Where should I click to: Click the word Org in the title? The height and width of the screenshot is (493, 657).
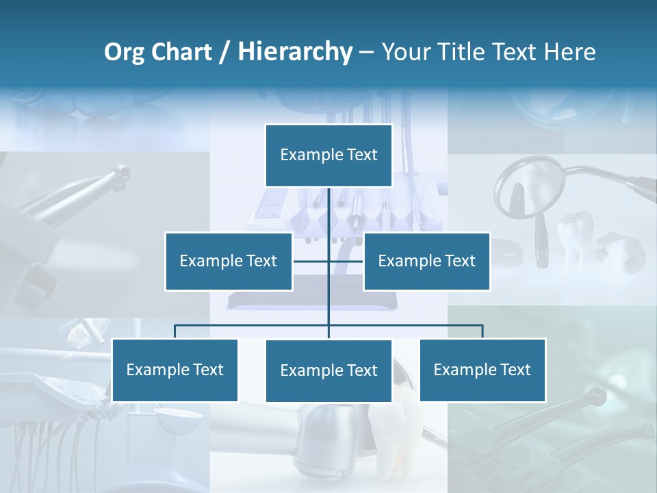click(125, 52)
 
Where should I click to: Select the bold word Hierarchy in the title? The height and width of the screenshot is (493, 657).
click(295, 52)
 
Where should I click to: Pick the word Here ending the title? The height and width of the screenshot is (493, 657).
click(569, 52)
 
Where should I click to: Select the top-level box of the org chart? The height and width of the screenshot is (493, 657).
click(328, 155)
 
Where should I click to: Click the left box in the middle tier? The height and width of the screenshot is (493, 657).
click(229, 261)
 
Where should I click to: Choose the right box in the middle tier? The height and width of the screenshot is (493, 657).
click(426, 261)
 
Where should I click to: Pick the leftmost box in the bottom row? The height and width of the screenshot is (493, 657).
click(175, 370)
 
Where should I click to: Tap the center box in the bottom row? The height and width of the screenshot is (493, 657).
click(328, 370)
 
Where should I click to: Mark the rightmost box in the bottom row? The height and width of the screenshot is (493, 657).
click(482, 370)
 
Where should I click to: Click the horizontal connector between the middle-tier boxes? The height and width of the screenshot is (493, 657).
click(311, 261)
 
